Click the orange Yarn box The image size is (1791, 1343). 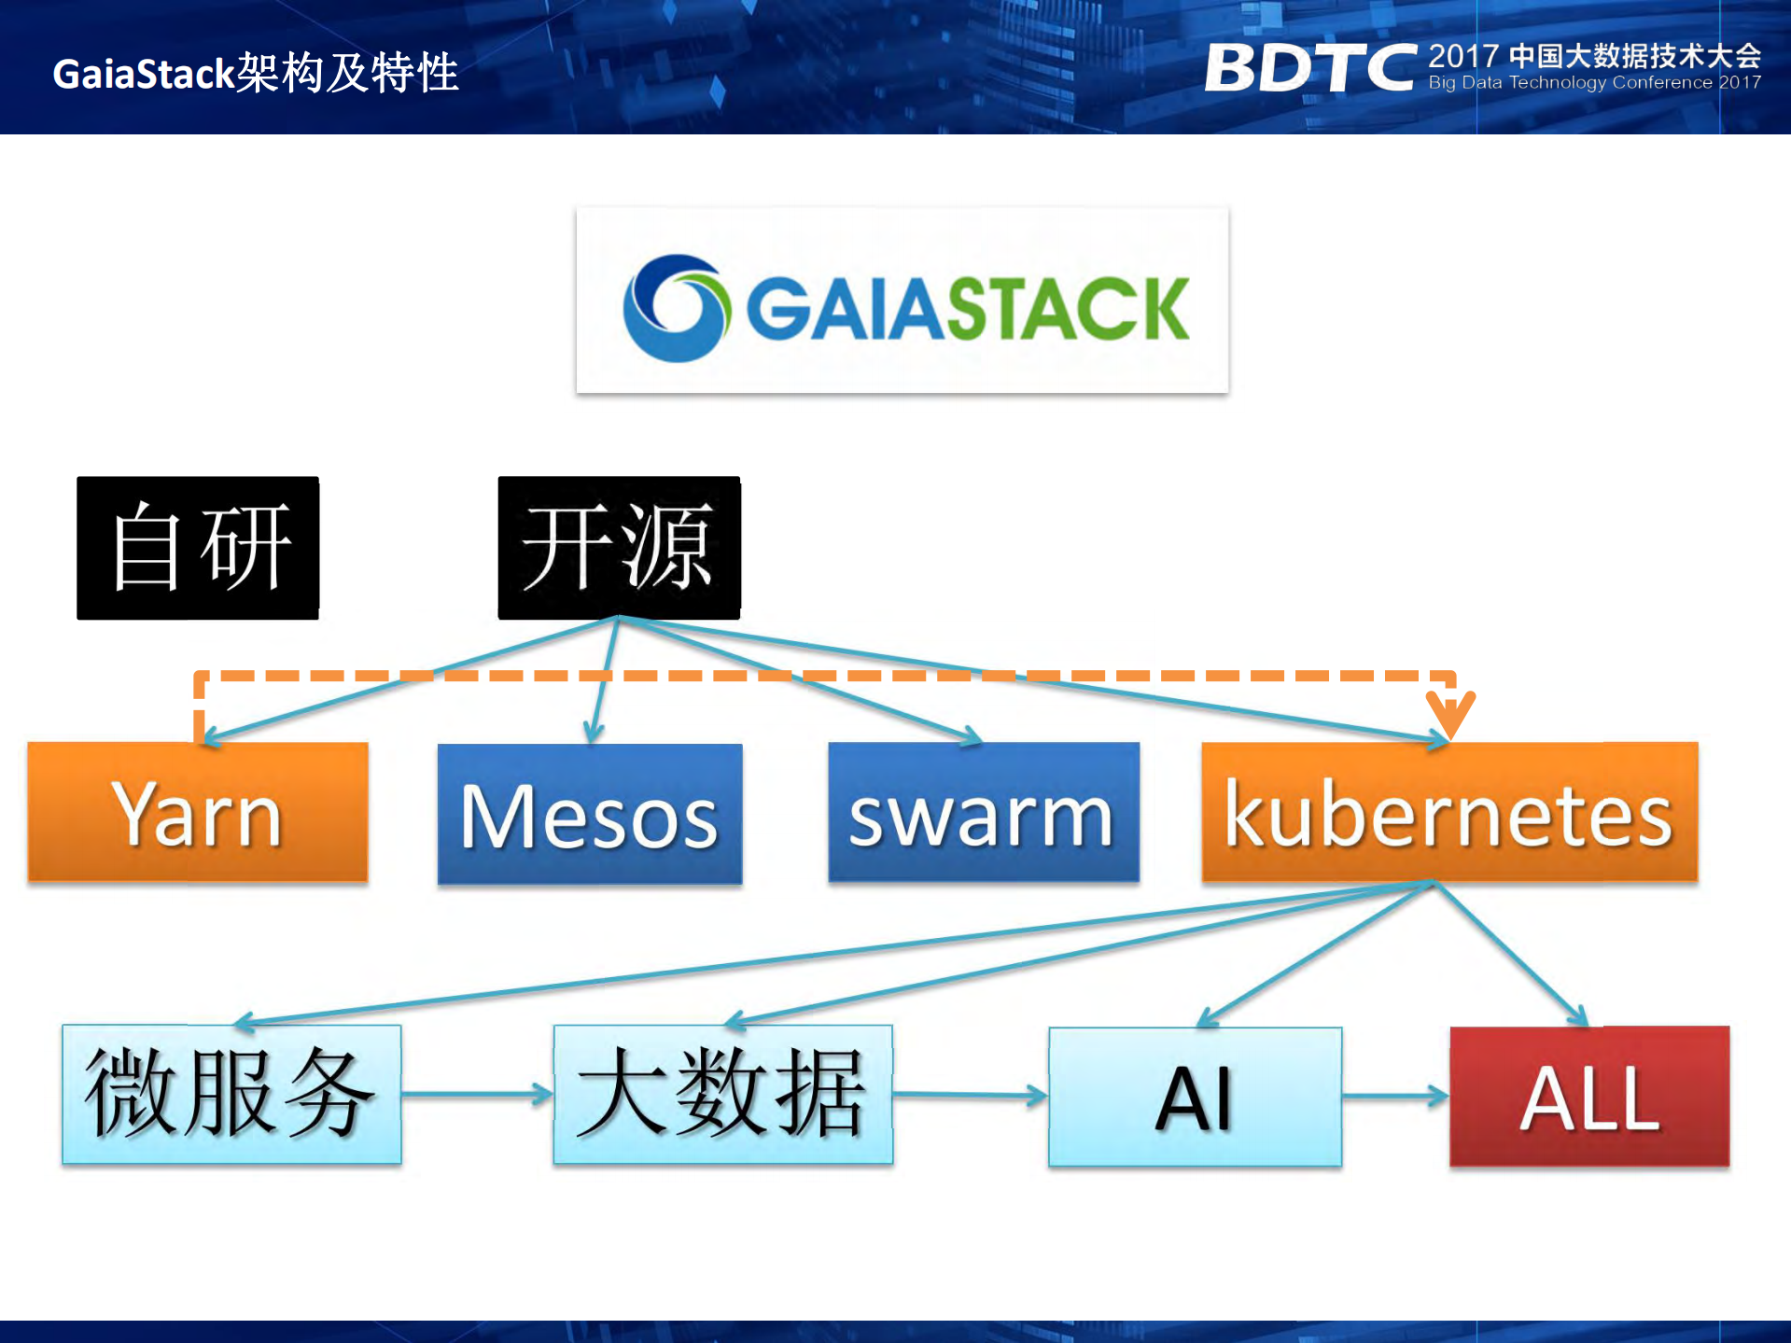pyautogui.click(x=197, y=812)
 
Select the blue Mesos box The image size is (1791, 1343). pyautogui.click(x=589, y=814)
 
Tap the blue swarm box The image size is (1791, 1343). pyautogui.click(x=983, y=812)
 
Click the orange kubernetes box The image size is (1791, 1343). pyautogui.click(x=1448, y=812)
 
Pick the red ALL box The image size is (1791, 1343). pyautogui.click(x=1588, y=1097)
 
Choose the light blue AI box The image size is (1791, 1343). pyautogui.click(x=1195, y=1097)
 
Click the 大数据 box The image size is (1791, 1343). pyautogui.click(x=722, y=1094)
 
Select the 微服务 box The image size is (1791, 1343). pyautogui.click(x=231, y=1094)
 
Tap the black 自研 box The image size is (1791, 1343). pyautogui.click(x=198, y=548)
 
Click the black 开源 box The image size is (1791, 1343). pyautogui.click(x=619, y=548)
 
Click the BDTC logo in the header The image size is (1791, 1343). pyautogui.click(x=1309, y=67)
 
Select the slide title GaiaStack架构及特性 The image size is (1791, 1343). pyautogui.click(x=255, y=73)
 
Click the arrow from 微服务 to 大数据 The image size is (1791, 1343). pyautogui.click(x=477, y=1093)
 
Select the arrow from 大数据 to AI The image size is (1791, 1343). pyautogui.click(x=971, y=1095)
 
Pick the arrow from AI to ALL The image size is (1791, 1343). pyautogui.click(x=1395, y=1097)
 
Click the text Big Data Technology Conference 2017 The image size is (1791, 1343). pyautogui.click(x=1594, y=82)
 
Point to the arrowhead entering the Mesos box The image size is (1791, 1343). pyautogui.click(x=593, y=733)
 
